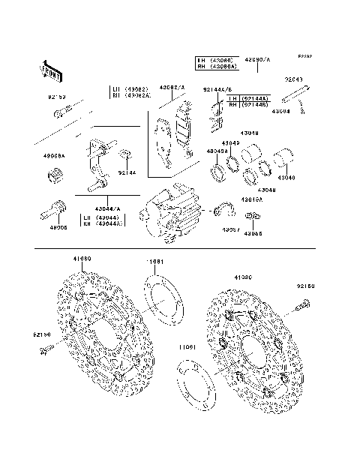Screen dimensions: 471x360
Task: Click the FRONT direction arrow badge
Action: [x=49, y=70]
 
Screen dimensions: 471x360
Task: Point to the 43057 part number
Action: [x=230, y=230]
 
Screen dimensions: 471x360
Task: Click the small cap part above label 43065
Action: [x=253, y=217]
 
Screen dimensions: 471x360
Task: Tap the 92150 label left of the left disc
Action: [x=42, y=334]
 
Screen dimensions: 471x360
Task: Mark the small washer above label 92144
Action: [x=124, y=156]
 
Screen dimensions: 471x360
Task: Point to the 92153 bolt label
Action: [x=58, y=97]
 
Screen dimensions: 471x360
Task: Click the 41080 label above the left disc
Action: [x=82, y=259]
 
